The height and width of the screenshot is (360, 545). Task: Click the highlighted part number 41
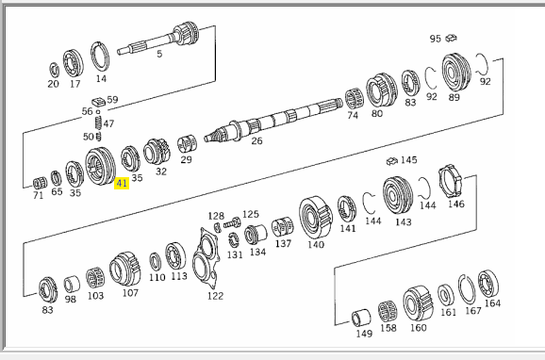coord(122,183)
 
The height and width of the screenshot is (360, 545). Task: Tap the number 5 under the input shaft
coord(159,54)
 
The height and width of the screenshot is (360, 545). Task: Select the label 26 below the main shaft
coord(256,140)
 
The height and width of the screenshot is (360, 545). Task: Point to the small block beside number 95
coord(451,38)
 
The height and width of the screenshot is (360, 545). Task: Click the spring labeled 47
coord(98,123)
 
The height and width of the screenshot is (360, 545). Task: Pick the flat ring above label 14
coord(101,57)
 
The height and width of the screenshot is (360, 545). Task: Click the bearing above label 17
coord(74,64)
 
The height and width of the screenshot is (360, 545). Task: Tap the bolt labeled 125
coord(232,223)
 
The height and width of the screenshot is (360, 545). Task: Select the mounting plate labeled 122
coord(206,259)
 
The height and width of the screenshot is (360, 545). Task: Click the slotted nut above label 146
coord(450,181)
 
